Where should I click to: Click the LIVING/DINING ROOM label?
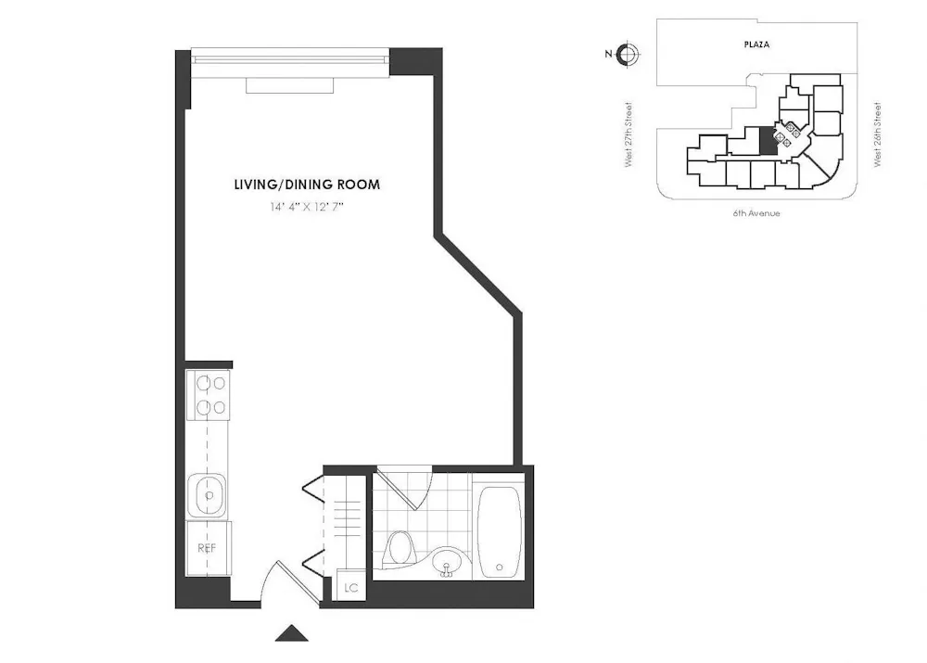pos(307,185)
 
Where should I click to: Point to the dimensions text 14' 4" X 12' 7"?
pos(307,208)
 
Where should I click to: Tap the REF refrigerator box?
pos(208,548)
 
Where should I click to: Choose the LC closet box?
pos(350,587)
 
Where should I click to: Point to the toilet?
pos(400,548)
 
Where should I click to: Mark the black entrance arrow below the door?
pos(293,634)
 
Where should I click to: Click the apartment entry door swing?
pos(279,583)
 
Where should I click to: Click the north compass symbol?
pos(628,54)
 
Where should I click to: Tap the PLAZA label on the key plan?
pos(757,44)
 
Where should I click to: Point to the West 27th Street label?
pos(629,134)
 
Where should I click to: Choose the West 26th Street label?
pos(877,134)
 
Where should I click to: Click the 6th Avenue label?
pos(756,213)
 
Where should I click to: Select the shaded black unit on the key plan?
pos(767,142)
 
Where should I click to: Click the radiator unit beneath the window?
pos(289,85)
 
